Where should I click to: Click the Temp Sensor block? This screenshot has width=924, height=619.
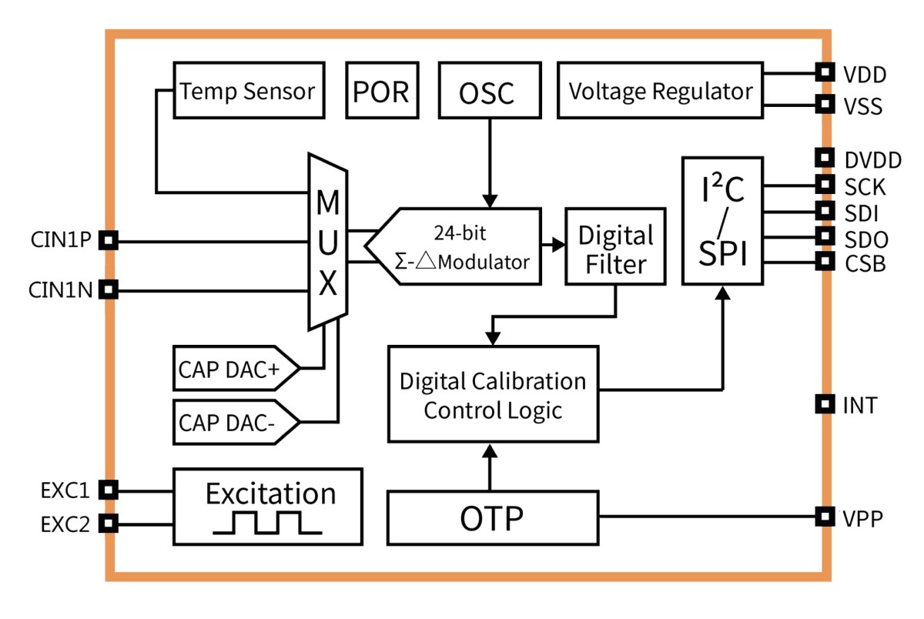pos(247,90)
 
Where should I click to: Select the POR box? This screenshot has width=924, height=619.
pos(380,90)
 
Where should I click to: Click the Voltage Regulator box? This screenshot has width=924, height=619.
pos(660,90)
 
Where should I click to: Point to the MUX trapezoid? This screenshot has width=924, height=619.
pos(328,241)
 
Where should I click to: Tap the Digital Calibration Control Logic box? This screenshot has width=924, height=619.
pos(493,395)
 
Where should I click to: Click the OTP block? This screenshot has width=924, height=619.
pos(493,518)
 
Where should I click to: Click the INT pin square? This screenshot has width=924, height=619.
pos(825,403)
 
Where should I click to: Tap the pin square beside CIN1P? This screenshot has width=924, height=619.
pos(109,241)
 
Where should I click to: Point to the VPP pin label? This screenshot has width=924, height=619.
pos(860,517)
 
